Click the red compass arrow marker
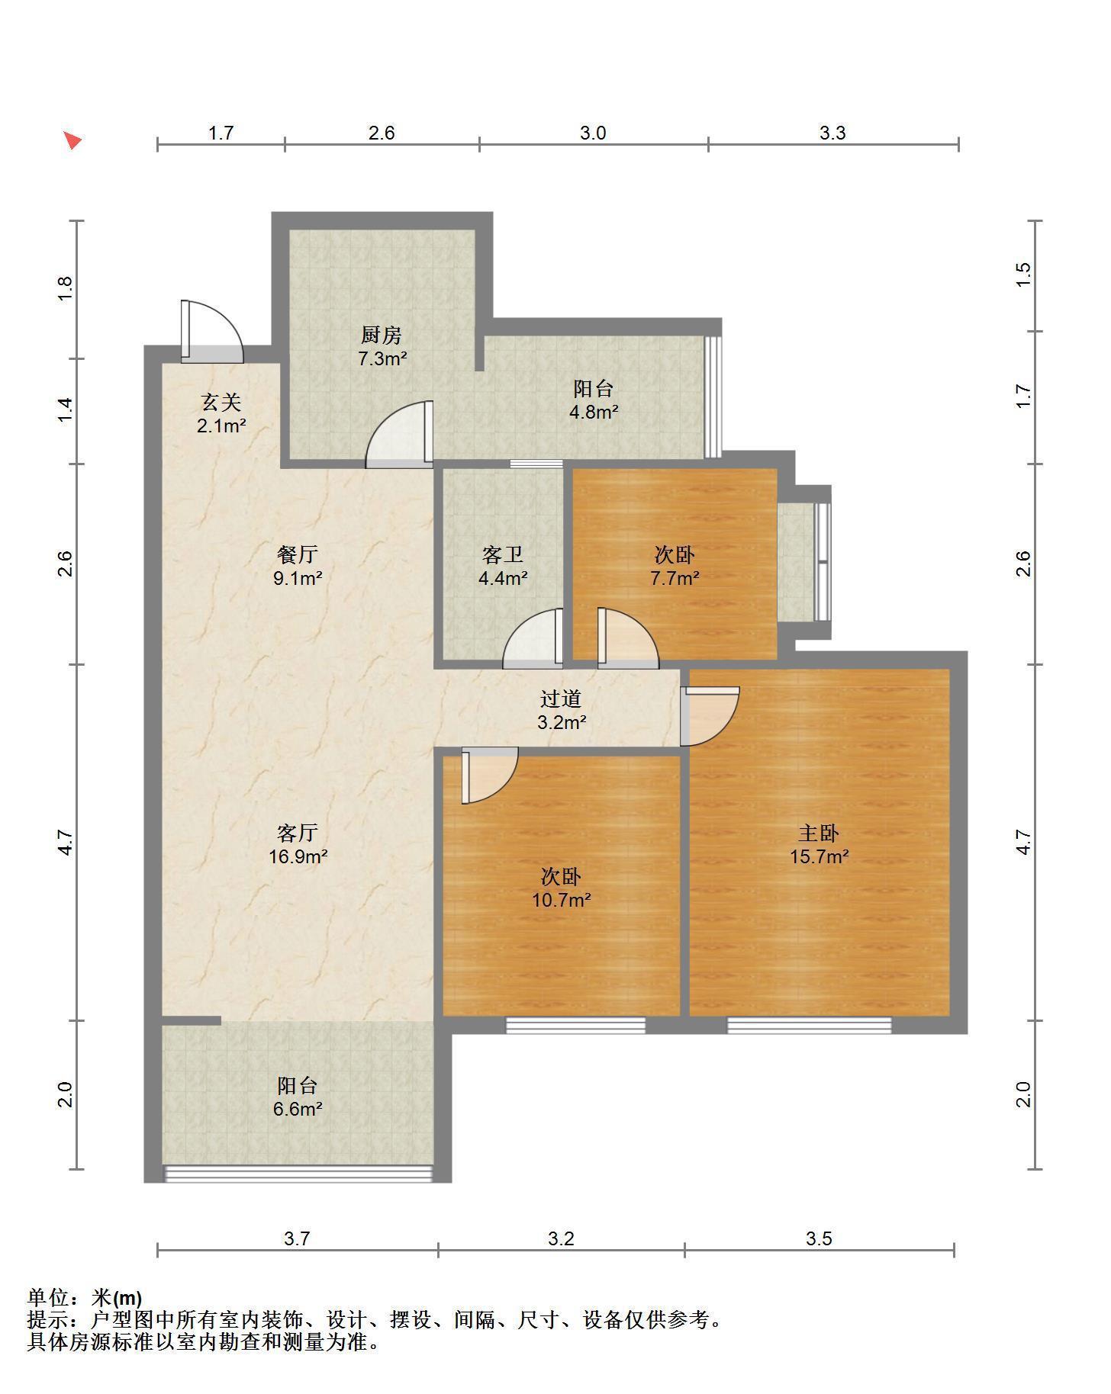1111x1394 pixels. pyautogui.click(x=72, y=140)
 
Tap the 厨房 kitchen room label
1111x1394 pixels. pyautogui.click(x=381, y=335)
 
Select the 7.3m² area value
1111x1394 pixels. pyautogui.click(x=382, y=358)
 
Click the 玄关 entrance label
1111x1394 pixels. pyautogui.click(x=221, y=402)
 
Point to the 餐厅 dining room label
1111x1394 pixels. pyautogui.click(x=298, y=554)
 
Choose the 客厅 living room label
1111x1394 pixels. pyautogui.click(x=298, y=833)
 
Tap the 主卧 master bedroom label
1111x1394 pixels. pyautogui.click(x=819, y=833)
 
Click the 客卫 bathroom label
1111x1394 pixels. pyautogui.click(x=503, y=554)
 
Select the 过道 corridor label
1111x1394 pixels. pyautogui.click(x=561, y=699)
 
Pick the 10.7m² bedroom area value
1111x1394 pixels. pyautogui.click(x=562, y=901)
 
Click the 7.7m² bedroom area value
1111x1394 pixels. pyautogui.click(x=675, y=578)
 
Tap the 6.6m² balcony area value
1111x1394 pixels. pyautogui.click(x=298, y=1109)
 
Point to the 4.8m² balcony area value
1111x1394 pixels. pyautogui.click(x=594, y=413)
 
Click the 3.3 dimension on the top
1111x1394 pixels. pyautogui.click(x=832, y=133)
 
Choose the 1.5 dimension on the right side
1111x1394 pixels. pyautogui.click(x=1024, y=275)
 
